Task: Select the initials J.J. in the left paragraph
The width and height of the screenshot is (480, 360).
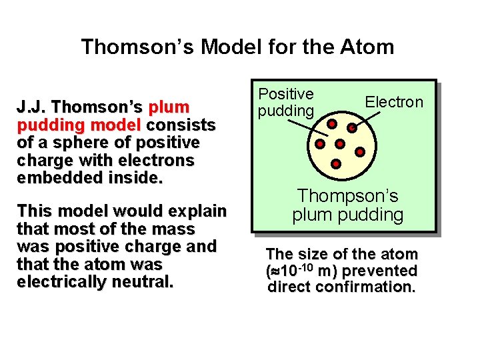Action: click(x=33, y=107)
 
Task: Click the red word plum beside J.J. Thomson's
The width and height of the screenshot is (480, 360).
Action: click(x=169, y=107)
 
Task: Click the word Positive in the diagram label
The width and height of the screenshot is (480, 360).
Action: click(x=286, y=95)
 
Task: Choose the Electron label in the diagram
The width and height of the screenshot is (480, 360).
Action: click(x=393, y=102)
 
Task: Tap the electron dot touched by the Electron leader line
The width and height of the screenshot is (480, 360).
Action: click(x=352, y=127)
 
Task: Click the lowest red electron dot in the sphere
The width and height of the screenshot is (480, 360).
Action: click(x=336, y=163)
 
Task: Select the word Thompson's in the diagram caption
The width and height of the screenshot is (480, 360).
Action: click(x=347, y=197)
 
